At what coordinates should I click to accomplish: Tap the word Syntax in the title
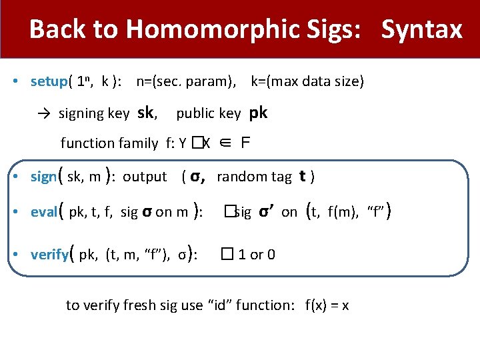coord(421,29)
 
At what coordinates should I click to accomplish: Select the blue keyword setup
coord(49,82)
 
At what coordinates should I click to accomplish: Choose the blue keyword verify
coord(49,255)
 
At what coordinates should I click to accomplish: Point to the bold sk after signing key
coord(147,113)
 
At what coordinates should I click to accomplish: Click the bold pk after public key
coord(258,113)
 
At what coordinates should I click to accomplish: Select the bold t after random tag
coord(302,176)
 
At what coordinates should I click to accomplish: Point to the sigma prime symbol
coord(267,212)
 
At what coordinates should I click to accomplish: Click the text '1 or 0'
coord(257,255)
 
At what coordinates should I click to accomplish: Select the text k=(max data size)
coord(307,82)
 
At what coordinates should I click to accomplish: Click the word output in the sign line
coord(145,177)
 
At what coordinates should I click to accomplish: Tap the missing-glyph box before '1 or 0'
coord(229,255)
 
